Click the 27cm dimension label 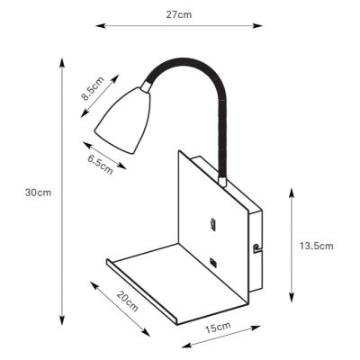179,15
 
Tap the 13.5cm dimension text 316,246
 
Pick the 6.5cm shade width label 101,164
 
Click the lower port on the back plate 212,261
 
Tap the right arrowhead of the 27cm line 261,25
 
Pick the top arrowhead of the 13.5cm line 290,191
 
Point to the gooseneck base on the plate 220,180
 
